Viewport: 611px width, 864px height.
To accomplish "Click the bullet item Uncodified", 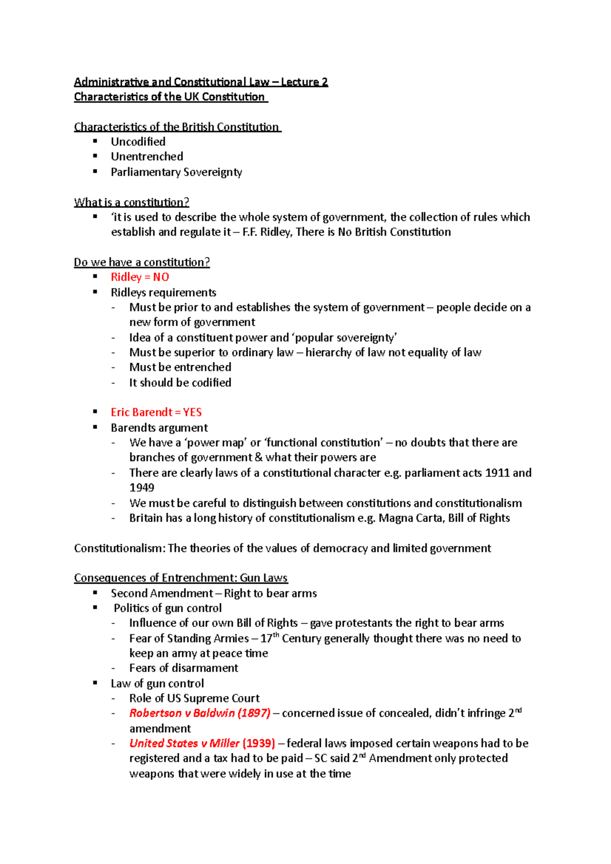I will tap(138, 141).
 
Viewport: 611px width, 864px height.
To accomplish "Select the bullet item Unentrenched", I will tap(147, 157).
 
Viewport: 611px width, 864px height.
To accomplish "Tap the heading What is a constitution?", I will tap(131, 202).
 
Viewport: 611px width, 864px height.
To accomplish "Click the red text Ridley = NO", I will tap(140, 277).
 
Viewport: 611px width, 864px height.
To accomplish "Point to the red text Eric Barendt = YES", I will tap(156, 412).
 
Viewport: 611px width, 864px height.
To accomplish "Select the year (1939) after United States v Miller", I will tap(259, 743).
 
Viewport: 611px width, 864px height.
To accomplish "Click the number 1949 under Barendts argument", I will tap(142, 487).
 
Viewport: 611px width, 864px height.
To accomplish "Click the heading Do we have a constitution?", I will tap(142, 262).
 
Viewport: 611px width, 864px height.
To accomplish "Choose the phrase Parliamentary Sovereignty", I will tap(176, 172).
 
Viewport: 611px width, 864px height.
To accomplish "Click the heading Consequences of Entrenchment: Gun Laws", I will tap(181, 578).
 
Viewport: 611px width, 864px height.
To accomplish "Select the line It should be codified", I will tap(180, 383).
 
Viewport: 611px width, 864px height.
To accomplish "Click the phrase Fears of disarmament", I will tap(183, 668).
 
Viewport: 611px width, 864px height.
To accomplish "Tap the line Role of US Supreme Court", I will tap(194, 698).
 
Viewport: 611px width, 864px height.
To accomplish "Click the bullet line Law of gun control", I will tap(157, 683).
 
